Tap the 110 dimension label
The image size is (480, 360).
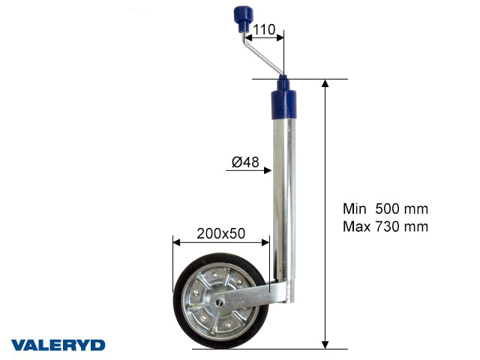(264, 31)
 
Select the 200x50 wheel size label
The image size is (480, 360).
(220, 232)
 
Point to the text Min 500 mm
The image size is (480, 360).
(385, 209)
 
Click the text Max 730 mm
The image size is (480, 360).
(385, 226)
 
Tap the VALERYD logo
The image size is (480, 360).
(58, 345)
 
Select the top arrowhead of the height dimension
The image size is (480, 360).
(325, 83)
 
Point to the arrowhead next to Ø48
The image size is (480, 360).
(267, 171)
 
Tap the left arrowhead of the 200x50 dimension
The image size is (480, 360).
(176, 242)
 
